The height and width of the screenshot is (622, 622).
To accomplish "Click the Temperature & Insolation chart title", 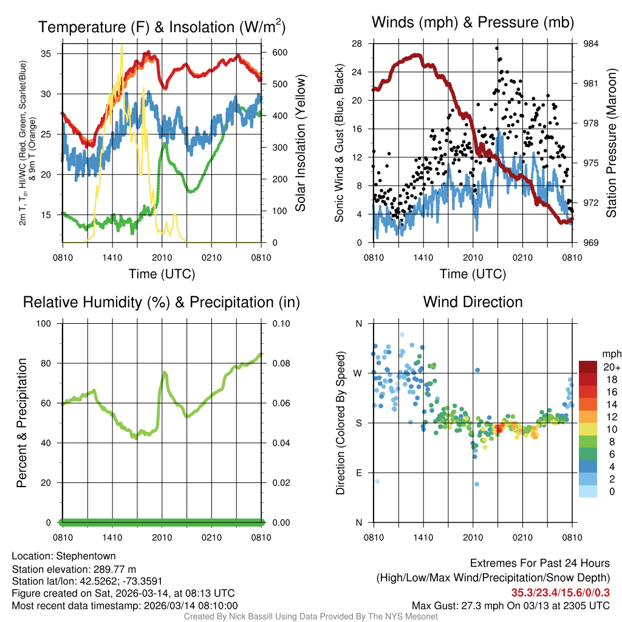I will pos(162,27).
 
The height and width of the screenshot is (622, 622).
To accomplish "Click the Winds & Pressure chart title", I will pos(473,22).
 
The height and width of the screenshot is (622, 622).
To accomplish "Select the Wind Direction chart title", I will pos(473,302).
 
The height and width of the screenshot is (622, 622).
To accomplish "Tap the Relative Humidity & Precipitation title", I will pos(162,302).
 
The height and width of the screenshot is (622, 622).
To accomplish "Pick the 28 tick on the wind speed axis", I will pos(357,44).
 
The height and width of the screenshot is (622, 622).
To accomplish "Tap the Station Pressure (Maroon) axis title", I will pos(611,143).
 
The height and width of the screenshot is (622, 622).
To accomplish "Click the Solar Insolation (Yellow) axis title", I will pos(300,143).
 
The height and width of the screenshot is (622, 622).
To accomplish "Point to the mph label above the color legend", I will pos(610,354).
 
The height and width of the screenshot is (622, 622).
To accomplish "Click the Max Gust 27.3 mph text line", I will pos(510,606).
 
